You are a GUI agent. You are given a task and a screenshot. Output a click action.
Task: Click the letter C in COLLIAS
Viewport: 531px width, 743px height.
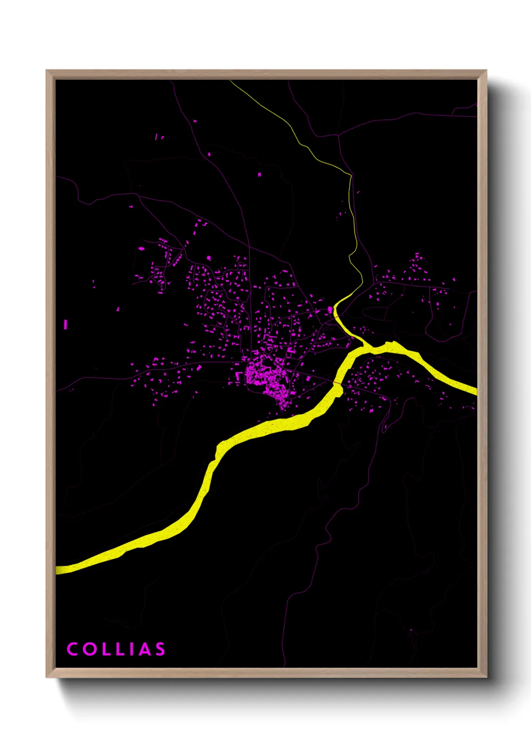tap(72, 649)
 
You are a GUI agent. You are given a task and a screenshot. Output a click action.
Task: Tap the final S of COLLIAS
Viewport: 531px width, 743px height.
tap(160, 649)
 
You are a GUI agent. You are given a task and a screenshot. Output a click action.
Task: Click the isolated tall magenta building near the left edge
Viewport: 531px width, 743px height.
tap(65, 324)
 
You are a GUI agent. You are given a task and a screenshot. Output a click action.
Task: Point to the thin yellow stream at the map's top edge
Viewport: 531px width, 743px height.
tap(232, 82)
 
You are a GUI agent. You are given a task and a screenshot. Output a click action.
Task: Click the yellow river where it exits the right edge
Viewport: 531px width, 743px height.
tap(474, 391)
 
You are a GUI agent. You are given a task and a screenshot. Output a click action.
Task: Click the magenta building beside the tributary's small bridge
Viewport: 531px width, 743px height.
tap(330, 310)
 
